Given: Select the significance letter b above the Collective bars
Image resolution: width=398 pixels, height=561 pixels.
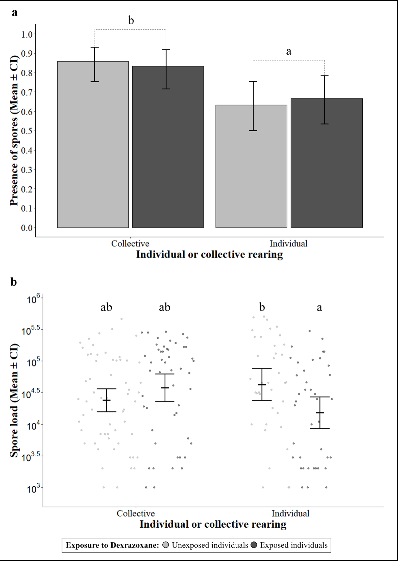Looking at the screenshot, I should click(x=131, y=21).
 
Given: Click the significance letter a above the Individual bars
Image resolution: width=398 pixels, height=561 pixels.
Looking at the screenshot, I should click(x=288, y=51).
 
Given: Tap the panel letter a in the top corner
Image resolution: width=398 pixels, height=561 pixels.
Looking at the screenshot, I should click(x=14, y=13).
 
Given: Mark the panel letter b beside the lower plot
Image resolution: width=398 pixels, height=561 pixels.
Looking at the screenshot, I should click(x=14, y=282).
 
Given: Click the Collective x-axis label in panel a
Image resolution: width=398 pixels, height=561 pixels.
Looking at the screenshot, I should click(x=130, y=244).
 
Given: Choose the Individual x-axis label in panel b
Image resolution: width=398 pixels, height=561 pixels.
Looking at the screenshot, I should click(x=290, y=513).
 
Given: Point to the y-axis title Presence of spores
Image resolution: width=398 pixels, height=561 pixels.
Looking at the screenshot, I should click(x=14, y=131).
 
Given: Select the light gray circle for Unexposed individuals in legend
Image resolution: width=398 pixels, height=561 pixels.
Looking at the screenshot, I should click(x=166, y=545).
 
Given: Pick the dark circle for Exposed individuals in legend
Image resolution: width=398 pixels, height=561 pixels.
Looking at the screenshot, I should click(x=254, y=545).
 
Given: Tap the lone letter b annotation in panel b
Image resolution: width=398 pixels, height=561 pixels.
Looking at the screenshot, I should click(x=262, y=307).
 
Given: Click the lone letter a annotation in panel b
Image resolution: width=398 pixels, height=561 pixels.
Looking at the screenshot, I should click(x=319, y=308).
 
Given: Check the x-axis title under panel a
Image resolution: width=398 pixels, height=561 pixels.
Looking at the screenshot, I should click(x=209, y=255).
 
